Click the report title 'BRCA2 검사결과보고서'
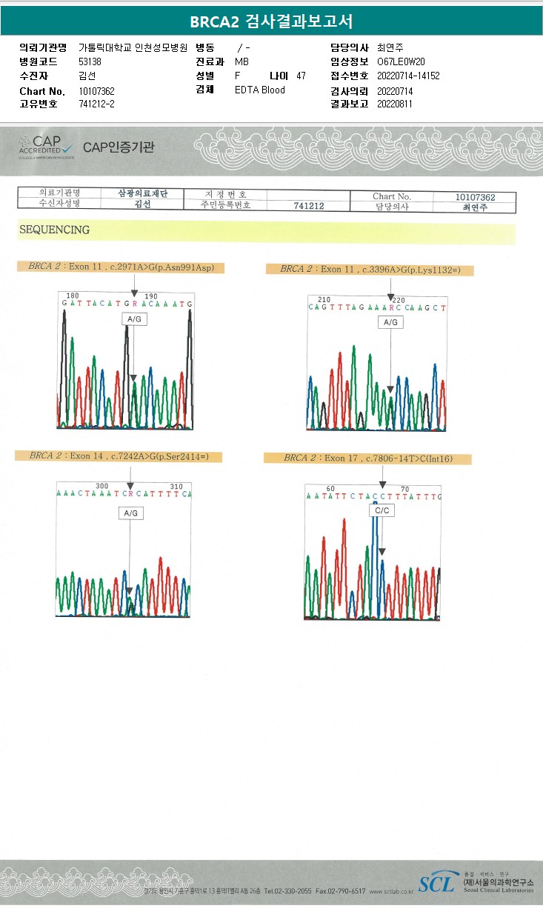coord(271,21)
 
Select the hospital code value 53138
coord(90,61)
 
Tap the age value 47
coord(300,76)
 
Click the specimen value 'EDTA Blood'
coord(259,90)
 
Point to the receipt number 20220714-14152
coord(408,76)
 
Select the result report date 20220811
coord(395,104)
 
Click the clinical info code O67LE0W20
coord(401,61)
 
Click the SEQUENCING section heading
coord(54,230)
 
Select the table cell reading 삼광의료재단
coord(143,193)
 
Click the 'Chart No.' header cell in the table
coord(392,196)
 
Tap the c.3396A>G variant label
coord(370,270)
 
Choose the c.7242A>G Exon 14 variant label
coord(119,456)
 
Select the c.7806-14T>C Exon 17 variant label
coord(367,458)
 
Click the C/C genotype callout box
coord(382,511)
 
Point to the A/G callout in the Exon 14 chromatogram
coord(130,513)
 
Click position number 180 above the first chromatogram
coord(73,296)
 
